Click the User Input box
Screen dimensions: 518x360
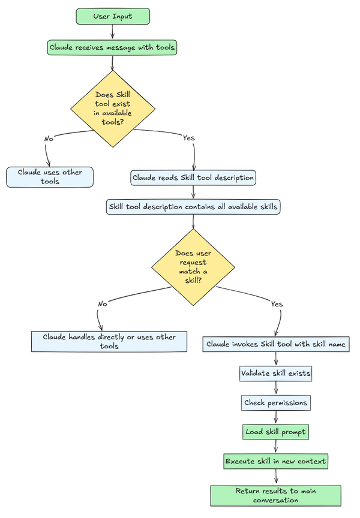[113, 16]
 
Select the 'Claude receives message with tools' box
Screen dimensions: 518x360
[113, 47]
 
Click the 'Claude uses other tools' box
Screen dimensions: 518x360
[50, 176]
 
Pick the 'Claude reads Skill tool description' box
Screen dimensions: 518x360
[193, 177]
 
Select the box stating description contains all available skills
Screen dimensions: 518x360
[193, 207]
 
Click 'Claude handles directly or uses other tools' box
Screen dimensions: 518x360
[109, 341]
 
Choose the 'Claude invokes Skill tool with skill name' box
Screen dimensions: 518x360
[276, 344]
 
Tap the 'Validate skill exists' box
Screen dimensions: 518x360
[276, 373]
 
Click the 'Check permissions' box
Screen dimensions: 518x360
[276, 402]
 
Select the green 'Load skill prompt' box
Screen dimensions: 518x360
[276, 432]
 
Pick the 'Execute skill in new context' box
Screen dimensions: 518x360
[276, 461]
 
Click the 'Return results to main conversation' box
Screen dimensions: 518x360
[276, 495]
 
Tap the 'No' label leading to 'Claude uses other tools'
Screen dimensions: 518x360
[49, 138]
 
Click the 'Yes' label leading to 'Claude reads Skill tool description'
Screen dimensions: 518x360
[188, 138]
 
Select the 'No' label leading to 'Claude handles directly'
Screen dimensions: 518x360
[103, 304]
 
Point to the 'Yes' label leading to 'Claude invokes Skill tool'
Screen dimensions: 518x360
[277, 304]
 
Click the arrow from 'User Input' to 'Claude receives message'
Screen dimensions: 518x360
[113, 32]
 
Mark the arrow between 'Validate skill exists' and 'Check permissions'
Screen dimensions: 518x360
[276, 388]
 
